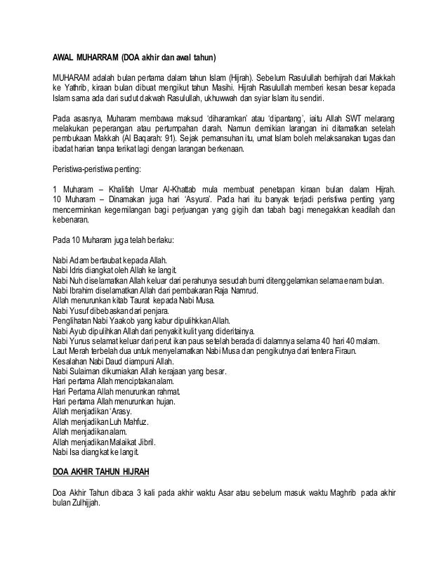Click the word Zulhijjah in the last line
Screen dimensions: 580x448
click(x=86, y=503)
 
